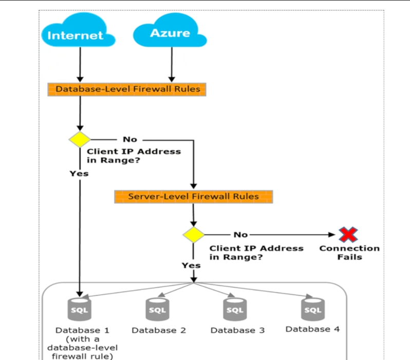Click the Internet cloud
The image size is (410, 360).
76,35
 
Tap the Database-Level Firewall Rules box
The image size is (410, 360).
127,89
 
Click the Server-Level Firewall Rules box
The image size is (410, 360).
194,196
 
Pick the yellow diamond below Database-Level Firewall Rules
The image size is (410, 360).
80,139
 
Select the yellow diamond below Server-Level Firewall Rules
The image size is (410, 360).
194,235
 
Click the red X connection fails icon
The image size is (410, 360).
348,235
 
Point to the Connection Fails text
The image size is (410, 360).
349,252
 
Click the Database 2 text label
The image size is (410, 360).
158,330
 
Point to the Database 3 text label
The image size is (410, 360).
237,330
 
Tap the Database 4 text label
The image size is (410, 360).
312,329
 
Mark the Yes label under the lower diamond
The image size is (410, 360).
191,265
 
